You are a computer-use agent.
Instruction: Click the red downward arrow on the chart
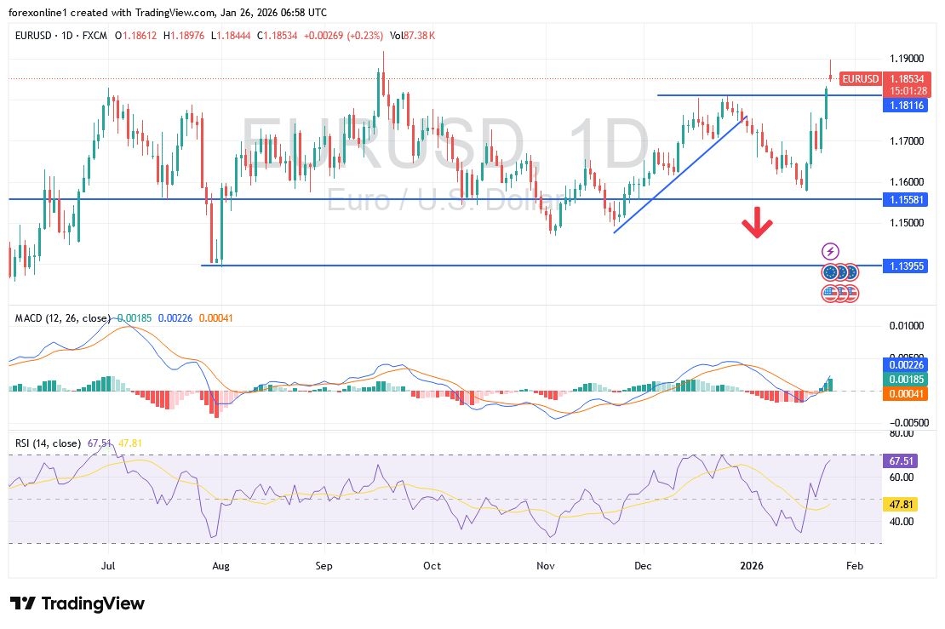pyautogui.click(x=756, y=226)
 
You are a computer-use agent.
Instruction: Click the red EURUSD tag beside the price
pyautogui.click(x=860, y=79)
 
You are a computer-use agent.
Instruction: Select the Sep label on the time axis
pyautogui.click(x=324, y=565)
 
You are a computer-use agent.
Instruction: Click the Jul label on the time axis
pyautogui.click(x=108, y=565)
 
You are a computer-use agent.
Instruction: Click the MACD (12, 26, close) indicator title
pyautogui.click(x=62, y=318)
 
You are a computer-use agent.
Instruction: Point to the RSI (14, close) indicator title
pyautogui.click(x=49, y=443)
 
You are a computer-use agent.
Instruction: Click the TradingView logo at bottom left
pyautogui.click(x=77, y=603)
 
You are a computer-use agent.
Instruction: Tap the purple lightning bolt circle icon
pyautogui.click(x=831, y=251)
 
